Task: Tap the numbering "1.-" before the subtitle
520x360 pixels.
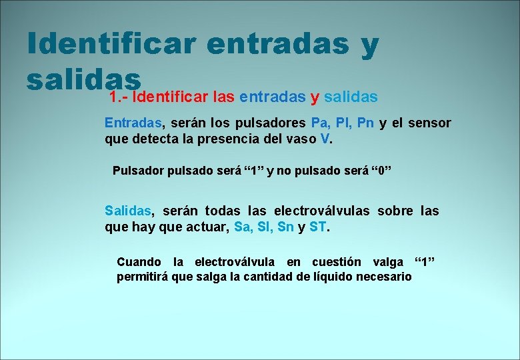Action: (118, 97)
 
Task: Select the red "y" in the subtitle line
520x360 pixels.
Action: (315, 97)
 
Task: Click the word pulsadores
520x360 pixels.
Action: (271, 123)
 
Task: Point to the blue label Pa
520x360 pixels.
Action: (318, 123)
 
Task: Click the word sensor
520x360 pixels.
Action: (429, 123)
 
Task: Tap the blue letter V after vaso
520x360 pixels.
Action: (325, 140)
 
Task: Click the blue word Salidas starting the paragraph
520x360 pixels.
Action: (128, 211)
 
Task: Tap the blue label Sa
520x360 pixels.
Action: (243, 227)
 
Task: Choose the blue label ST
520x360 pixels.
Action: (318, 227)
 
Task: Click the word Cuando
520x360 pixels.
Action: (139, 262)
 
